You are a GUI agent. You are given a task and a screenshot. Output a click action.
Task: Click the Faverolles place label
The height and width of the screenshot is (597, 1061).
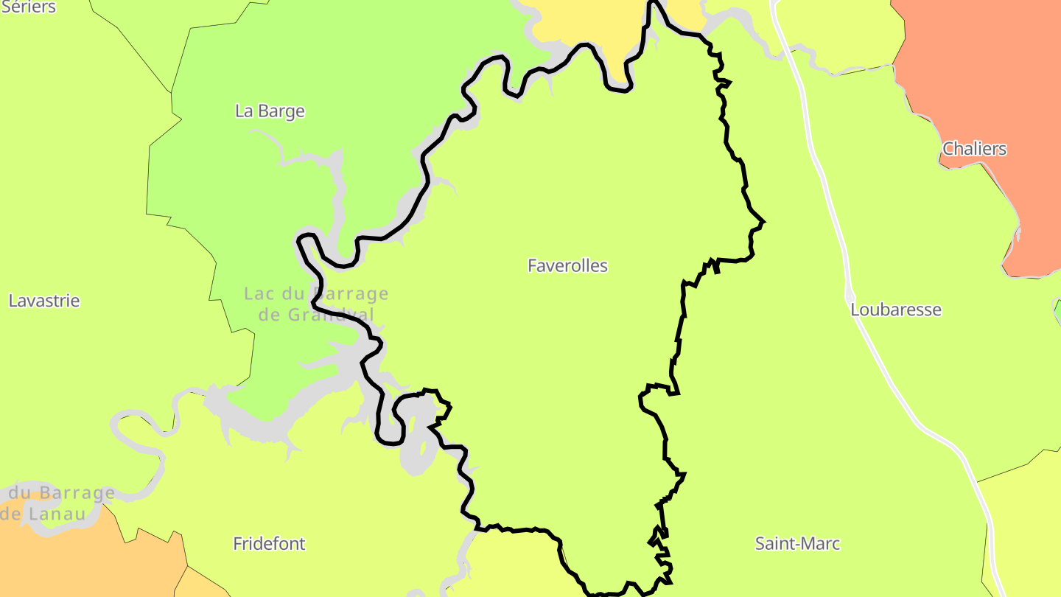567,266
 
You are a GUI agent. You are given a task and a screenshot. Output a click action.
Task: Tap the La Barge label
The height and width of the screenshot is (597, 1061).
270,111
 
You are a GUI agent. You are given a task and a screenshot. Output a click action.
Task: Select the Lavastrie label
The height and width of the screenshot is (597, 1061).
44,301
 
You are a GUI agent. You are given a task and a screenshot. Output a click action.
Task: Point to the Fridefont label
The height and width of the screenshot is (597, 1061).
269,544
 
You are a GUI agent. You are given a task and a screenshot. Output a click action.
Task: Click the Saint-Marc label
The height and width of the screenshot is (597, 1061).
797,544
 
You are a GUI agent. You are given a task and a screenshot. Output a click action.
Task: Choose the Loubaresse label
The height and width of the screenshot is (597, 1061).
896,310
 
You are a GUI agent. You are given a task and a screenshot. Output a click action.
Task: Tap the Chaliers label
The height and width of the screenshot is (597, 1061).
974,149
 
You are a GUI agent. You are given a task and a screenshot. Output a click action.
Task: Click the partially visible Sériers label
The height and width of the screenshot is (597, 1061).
28,7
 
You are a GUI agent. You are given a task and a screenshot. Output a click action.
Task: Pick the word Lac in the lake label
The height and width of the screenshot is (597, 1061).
259,294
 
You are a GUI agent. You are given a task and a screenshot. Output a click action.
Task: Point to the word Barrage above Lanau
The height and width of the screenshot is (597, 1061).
77,492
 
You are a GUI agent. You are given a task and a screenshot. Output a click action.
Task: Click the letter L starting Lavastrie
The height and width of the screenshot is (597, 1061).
13,301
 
